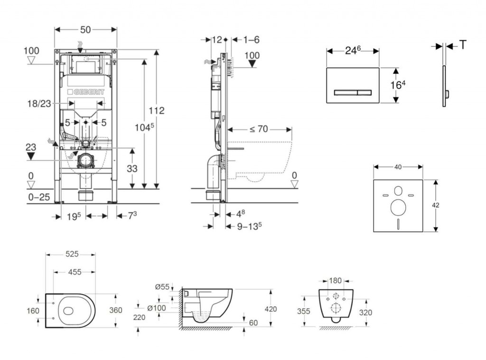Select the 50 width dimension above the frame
point(85,29)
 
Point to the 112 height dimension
point(157,111)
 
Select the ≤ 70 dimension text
point(259,128)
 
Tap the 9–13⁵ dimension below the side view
point(250,227)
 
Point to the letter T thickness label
point(462,45)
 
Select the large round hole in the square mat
point(397,207)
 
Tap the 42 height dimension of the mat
point(436,205)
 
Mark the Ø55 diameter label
point(162,286)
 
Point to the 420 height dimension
point(271,309)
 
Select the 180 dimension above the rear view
point(336,281)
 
